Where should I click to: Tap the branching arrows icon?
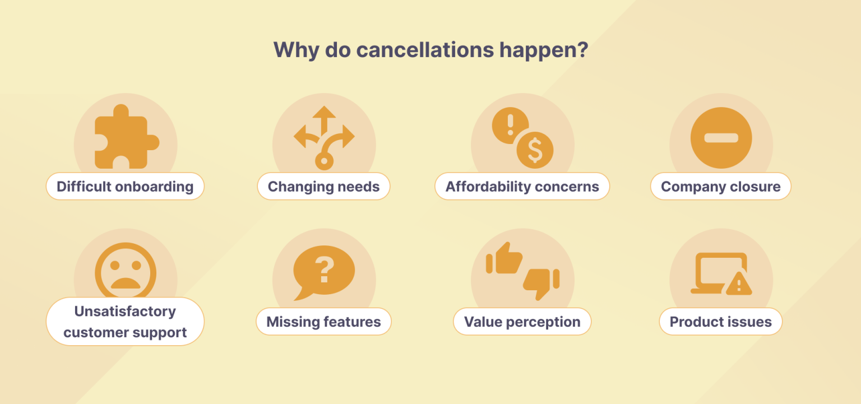[323, 137]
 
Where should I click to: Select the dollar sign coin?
[535, 150]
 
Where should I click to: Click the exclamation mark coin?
[510, 125]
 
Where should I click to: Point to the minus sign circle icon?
[721, 138]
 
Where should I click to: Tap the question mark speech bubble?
[323, 271]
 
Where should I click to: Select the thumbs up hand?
[504, 258]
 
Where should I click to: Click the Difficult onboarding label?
[125, 187]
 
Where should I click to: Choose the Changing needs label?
[323, 187]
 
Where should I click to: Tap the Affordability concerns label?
[522, 187]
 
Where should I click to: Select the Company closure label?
[720, 187]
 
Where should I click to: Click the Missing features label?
[323, 322]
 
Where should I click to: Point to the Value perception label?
[522, 322]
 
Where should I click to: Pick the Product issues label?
[720, 322]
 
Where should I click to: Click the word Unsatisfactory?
[125, 312]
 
